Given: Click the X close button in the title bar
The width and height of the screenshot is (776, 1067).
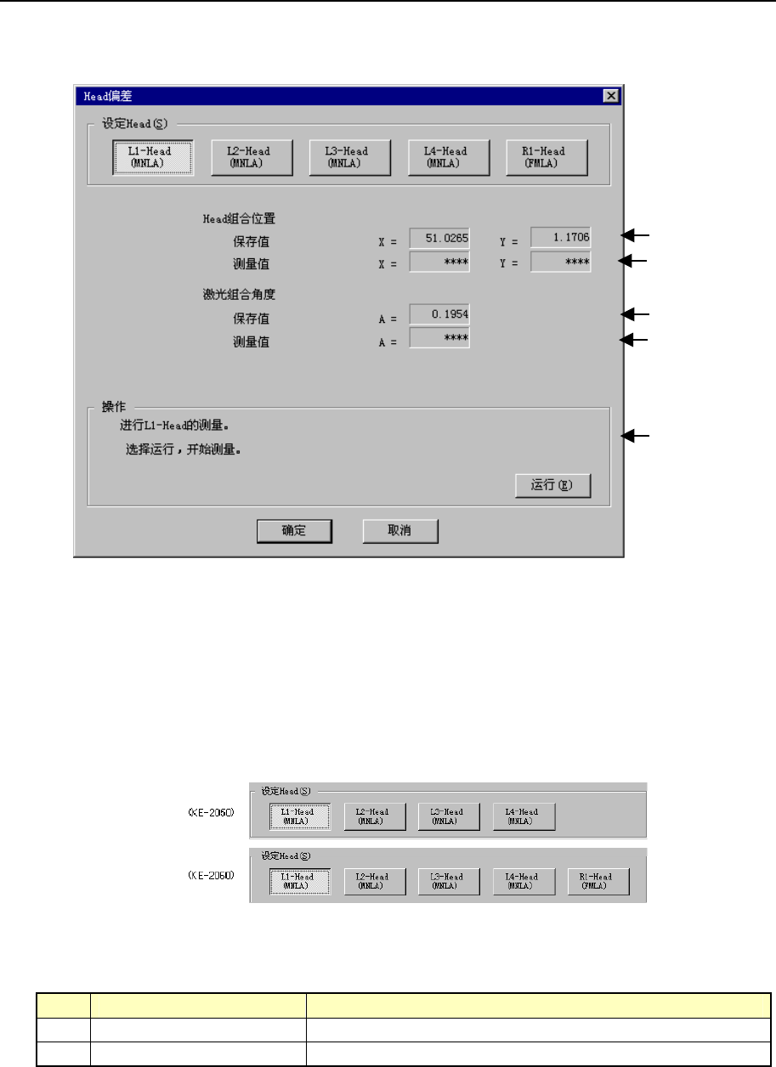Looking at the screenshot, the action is click(x=610, y=96).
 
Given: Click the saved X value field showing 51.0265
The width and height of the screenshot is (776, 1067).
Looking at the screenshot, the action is click(x=439, y=238).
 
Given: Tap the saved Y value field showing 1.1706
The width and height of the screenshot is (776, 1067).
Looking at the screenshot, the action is click(x=560, y=237).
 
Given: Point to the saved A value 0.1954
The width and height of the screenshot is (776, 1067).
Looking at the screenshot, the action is click(x=439, y=314).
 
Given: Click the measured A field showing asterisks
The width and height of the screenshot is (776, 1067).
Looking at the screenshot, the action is click(x=439, y=340).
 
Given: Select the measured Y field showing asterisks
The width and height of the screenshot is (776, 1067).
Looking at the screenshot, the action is click(x=560, y=262).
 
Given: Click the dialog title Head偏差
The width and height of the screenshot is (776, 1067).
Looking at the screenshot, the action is click(x=99, y=96).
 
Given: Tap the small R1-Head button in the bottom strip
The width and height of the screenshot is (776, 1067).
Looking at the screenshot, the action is click(x=598, y=881).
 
